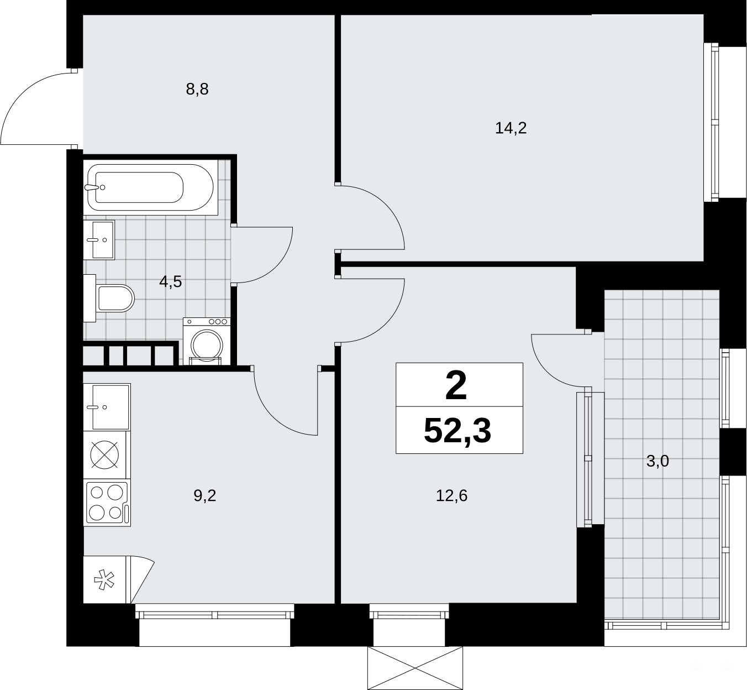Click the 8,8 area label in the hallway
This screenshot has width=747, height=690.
click(197, 90)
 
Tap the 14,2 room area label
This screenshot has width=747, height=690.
click(511, 128)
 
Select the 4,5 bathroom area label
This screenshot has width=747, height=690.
click(170, 281)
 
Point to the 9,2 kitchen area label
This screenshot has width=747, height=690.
click(204, 496)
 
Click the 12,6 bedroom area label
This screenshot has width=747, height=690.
click(451, 496)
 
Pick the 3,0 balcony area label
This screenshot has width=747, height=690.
click(657, 461)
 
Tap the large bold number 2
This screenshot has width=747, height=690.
click(456, 386)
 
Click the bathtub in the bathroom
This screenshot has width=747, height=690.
click(150, 187)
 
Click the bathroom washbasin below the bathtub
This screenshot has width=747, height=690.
click(99, 240)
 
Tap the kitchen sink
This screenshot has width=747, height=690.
click(107, 407)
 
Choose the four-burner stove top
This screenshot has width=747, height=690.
click(107, 502)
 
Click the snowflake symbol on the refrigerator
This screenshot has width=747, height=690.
click(104, 580)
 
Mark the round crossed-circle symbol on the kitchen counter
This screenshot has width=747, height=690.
click(104, 454)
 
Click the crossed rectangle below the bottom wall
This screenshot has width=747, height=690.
click(415, 668)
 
